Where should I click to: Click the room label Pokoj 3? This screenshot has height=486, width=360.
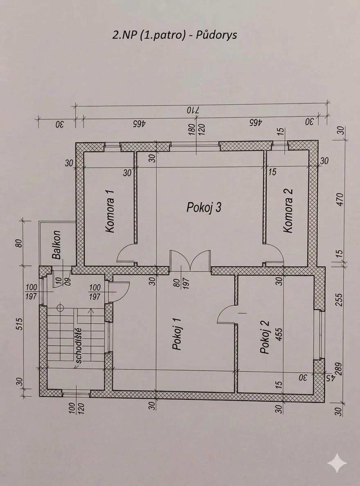204,207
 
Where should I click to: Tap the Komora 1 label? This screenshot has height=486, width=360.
110,211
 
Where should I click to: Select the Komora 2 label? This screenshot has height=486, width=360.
288,211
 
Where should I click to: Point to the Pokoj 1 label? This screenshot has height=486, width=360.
176,334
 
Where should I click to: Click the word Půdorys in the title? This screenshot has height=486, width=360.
216,35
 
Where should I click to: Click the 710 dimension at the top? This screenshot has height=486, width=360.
193,110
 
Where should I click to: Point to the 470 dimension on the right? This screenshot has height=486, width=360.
340,199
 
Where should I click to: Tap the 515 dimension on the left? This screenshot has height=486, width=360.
19,324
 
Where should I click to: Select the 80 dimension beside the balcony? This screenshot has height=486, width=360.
19,243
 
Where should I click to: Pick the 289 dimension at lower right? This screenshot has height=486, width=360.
338,369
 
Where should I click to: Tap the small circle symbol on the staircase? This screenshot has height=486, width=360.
60,308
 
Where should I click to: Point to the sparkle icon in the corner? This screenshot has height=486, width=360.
337,463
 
